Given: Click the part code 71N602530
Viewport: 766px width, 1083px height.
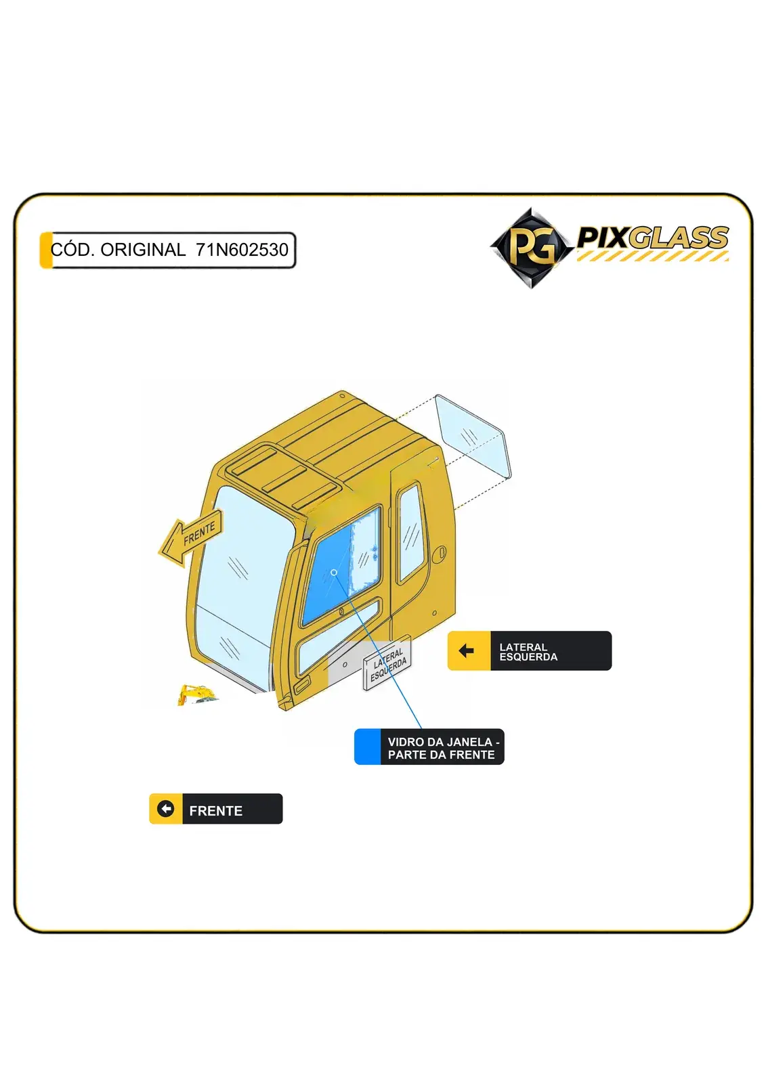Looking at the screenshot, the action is point(242,250).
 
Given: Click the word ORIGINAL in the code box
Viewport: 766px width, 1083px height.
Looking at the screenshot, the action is point(143,250).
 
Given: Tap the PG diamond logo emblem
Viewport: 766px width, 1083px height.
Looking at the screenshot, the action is point(531,248).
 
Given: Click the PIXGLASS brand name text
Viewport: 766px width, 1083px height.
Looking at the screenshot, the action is point(653,238).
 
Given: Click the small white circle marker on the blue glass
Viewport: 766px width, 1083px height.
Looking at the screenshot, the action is point(334,573).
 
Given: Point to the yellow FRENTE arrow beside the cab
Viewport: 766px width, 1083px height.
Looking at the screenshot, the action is point(190,537).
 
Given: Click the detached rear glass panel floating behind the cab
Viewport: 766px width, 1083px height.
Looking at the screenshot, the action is point(473,436).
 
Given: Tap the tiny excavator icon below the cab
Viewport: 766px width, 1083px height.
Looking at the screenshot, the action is point(196,694).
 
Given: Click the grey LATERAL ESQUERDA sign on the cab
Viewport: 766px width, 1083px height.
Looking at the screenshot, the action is point(387,663).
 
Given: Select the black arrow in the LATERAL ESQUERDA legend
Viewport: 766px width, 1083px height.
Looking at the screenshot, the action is point(466,650).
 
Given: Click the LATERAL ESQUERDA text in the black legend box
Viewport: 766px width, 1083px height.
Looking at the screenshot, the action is point(528,652).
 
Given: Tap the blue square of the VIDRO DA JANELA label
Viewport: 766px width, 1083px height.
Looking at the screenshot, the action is point(367,747).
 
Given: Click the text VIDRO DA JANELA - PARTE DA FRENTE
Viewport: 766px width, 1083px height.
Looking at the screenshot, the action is point(443,748).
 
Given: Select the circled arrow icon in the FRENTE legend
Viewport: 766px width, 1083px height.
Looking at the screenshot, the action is point(165,808).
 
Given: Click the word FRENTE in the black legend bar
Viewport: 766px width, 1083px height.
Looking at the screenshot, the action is point(216,811).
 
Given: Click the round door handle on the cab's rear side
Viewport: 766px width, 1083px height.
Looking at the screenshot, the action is point(442,552).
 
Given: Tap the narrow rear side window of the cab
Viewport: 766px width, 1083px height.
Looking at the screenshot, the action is point(411,532).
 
